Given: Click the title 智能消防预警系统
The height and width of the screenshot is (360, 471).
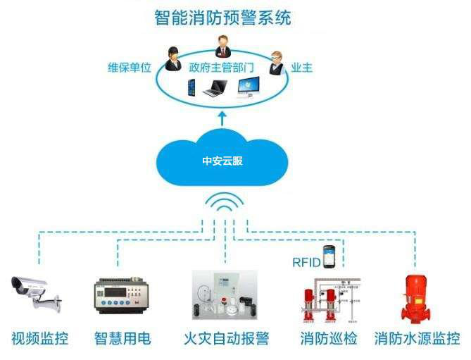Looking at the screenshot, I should coord(222,16).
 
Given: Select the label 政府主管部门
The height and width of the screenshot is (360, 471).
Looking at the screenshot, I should coord(221,68).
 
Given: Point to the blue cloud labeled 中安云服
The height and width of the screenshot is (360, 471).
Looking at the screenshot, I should coord(222,160).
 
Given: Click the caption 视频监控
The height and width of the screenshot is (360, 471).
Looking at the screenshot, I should coord(39,339).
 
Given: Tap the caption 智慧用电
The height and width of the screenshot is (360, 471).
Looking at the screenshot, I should coord(123,339).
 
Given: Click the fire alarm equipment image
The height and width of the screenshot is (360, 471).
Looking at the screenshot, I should coord(222,294).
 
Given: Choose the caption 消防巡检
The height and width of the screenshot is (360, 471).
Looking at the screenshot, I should coord(328,339).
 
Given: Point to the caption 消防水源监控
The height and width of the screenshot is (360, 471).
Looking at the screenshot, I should coord(417,339).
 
